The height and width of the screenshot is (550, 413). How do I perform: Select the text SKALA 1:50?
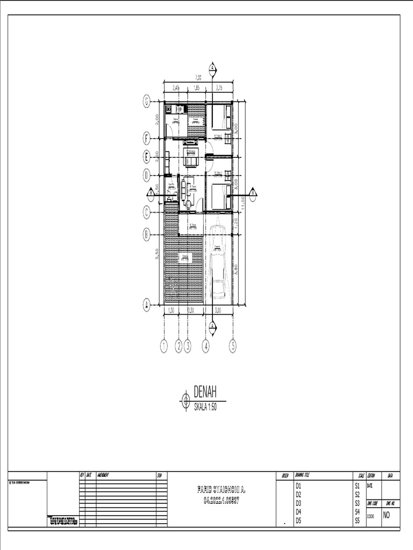coord(208,407)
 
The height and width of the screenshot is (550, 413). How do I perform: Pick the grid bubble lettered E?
coord(146,157)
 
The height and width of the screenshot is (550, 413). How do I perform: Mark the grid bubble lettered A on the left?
coord(146,305)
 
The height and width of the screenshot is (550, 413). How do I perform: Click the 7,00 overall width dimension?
coord(198,77)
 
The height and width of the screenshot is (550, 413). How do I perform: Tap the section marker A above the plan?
coord(212,68)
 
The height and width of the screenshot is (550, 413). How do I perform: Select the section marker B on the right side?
coord(253,193)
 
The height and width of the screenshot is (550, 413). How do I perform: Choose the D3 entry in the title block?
coord(298,503)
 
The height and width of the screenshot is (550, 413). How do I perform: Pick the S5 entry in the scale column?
coord(357,520)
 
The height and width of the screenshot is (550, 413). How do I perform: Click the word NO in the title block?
coord(387,516)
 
